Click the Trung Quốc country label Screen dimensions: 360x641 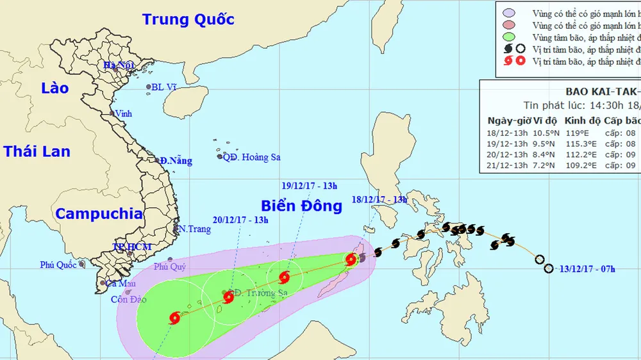(188, 19)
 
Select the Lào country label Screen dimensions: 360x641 (54, 88)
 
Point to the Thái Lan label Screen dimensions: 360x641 (37, 151)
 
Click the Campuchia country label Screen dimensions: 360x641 (99, 214)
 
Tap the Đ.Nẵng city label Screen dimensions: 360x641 (176, 161)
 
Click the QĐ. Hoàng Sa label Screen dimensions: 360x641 (251, 157)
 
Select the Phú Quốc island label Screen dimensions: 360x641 (58, 265)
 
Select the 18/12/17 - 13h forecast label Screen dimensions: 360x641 (379, 200)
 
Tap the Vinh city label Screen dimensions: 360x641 (122, 114)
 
